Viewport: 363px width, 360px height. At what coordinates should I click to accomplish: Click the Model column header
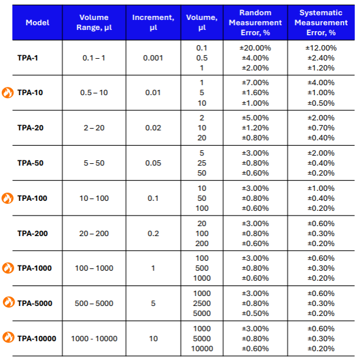pos(38,22)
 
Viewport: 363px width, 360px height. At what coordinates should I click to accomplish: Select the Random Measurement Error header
pos(254,22)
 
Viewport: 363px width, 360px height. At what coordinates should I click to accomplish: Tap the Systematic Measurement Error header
pos(321,22)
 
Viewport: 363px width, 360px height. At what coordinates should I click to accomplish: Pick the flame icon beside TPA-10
pos(8,92)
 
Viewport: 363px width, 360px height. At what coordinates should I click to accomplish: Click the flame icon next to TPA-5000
pos(8,303)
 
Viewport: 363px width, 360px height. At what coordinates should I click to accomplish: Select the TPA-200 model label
pos(32,233)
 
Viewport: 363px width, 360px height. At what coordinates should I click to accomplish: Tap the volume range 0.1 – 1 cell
pos(94,58)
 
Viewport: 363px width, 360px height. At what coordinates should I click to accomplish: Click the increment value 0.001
pos(153,58)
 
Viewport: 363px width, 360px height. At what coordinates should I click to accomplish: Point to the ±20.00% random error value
pos(254,48)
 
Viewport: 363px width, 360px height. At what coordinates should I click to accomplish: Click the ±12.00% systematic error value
pos(321,48)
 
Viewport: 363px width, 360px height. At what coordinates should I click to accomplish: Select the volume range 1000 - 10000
pos(94,338)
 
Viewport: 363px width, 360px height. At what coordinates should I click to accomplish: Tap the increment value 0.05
pos(153,163)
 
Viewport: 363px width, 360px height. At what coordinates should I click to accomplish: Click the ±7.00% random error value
pos(254,83)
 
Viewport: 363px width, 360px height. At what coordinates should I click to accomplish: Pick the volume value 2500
pos(202,303)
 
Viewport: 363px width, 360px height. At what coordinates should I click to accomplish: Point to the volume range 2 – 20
pos(94,127)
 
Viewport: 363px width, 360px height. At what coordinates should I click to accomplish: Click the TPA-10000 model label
pos(36,338)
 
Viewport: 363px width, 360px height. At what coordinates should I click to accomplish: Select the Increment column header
pos(153,22)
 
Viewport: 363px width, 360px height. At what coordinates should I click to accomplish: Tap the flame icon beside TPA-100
pos(8,198)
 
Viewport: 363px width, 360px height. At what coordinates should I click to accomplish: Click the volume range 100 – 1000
pos(94,268)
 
